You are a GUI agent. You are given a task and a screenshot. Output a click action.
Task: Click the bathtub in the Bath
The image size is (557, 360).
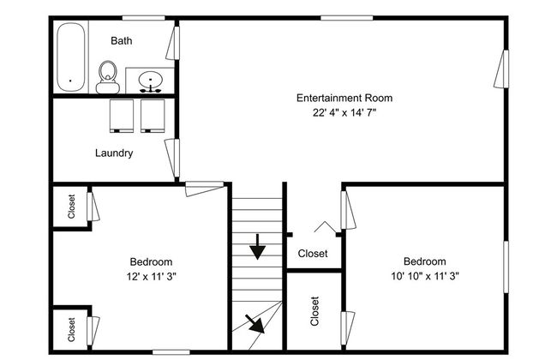[71, 57]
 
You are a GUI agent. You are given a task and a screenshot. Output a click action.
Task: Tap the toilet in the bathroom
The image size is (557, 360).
[108, 77]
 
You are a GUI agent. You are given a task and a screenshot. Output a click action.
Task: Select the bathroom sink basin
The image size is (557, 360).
[150, 81]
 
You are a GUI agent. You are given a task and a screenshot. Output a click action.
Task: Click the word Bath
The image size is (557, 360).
[122, 40]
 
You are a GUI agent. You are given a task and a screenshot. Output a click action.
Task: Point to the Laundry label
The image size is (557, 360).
[114, 153]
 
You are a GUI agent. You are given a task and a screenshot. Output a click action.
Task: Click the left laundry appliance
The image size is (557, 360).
[122, 116]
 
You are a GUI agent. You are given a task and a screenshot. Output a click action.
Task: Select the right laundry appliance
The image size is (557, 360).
[153, 116]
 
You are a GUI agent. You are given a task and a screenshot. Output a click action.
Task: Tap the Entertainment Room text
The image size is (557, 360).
[344, 98]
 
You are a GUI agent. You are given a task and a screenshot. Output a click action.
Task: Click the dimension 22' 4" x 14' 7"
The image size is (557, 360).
[344, 112]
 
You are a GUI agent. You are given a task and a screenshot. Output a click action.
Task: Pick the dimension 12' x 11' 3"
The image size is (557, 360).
[152, 276]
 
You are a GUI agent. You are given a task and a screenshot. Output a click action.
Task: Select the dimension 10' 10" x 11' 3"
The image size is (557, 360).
[425, 276]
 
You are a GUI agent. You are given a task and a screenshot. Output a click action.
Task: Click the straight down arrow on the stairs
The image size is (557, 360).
[258, 247]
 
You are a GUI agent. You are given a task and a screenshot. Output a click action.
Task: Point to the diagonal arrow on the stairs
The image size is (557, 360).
[255, 324]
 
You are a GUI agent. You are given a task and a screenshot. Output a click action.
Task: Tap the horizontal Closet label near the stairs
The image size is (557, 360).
[313, 254]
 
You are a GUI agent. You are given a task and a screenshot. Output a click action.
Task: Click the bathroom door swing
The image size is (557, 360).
[172, 43]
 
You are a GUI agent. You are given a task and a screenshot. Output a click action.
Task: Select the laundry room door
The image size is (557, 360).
[172, 159]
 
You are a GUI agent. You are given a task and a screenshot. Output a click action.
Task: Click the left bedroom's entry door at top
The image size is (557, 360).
[205, 189]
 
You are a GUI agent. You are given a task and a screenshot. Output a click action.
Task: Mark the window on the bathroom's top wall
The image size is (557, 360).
[143, 18]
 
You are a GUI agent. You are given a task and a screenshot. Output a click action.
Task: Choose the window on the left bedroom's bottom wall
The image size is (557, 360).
[171, 352]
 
